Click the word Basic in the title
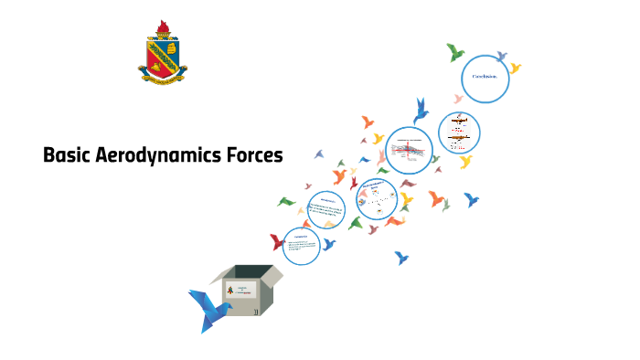click(67, 155)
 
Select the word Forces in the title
click(254, 155)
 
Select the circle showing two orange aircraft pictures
click(459, 133)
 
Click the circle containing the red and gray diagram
click(409, 150)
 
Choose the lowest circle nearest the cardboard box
click(301, 245)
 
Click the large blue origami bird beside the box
click(209, 308)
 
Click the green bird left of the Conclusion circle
click(454, 52)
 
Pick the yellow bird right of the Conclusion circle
click(515, 69)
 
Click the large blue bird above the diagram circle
click(421, 110)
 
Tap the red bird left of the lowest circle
click(277, 242)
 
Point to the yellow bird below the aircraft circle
click(465, 162)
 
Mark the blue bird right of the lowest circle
click(328, 244)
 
